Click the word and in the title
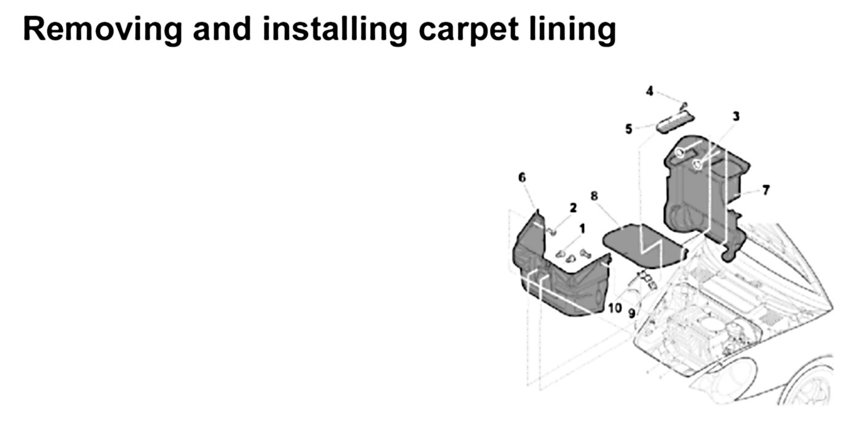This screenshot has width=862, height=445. click(225, 29)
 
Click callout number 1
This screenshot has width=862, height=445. click(582, 228)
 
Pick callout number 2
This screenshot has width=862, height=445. click(573, 208)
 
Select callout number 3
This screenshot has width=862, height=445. click(736, 116)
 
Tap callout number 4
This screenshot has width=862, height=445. click(650, 91)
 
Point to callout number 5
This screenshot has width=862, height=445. click(628, 129)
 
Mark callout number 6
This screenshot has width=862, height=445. click(522, 177)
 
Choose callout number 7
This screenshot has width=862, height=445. click(766, 190)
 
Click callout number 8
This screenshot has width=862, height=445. click(594, 196)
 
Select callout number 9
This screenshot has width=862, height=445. click(631, 313)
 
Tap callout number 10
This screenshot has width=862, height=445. click(614, 307)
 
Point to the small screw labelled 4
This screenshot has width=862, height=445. click(684, 105)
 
